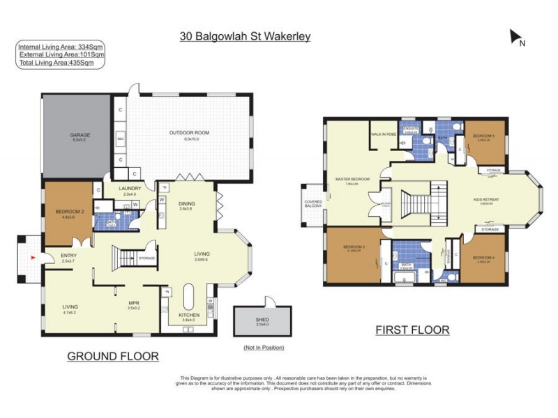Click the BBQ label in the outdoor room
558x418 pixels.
click(120, 139)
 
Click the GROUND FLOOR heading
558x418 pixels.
click(112, 356)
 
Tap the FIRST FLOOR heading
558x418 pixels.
click(412, 330)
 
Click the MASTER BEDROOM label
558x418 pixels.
click(352, 179)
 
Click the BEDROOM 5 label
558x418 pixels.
click(483, 135)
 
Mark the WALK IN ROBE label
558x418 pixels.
click(384, 134)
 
